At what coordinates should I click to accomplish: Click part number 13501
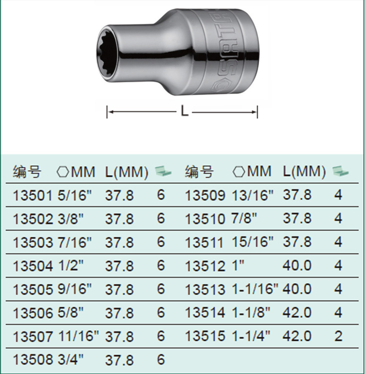click(32, 196)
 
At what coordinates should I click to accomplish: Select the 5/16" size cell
click(75, 195)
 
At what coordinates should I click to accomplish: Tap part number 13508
click(32, 360)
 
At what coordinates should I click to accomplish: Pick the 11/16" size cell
click(78, 336)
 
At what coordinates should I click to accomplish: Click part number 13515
click(205, 336)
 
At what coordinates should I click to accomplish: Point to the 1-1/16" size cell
click(256, 289)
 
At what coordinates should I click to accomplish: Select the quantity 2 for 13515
click(338, 336)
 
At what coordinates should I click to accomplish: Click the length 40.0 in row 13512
click(297, 265)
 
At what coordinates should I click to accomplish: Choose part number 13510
click(205, 219)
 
